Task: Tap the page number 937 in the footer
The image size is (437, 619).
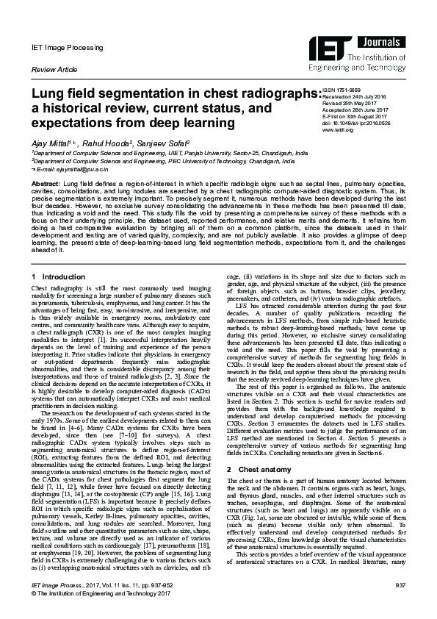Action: [x=400, y=604]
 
